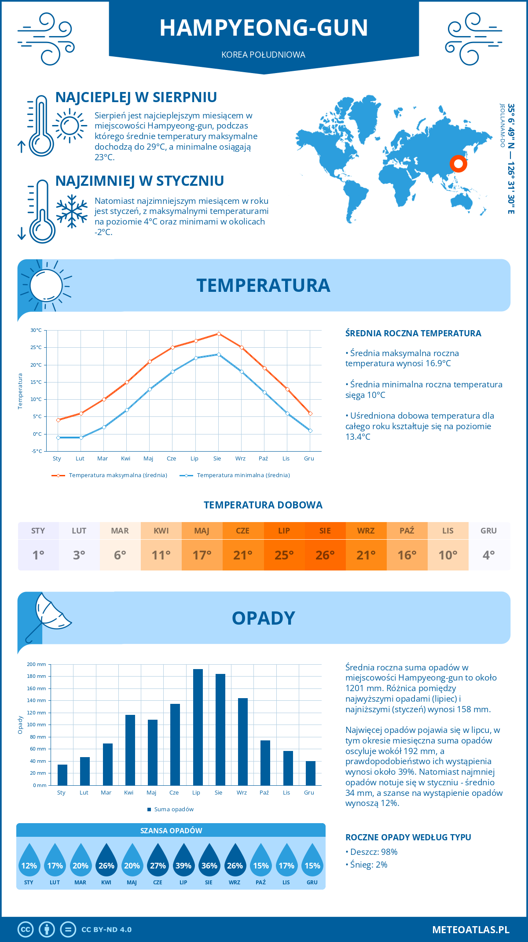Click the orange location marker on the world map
(458, 164)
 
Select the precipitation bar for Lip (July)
(198, 727)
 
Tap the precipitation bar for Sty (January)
(62, 775)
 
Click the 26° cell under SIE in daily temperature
(325, 555)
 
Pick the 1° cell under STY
(38, 555)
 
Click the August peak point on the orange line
(219, 334)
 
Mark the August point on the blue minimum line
(219, 354)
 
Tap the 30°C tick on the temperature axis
(36, 330)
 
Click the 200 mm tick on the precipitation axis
(37, 664)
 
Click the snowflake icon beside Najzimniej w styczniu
(72, 211)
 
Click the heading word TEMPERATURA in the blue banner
(263, 285)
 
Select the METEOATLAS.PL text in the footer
(470, 930)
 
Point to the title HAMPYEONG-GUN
(264, 28)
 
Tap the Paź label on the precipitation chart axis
(264, 793)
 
